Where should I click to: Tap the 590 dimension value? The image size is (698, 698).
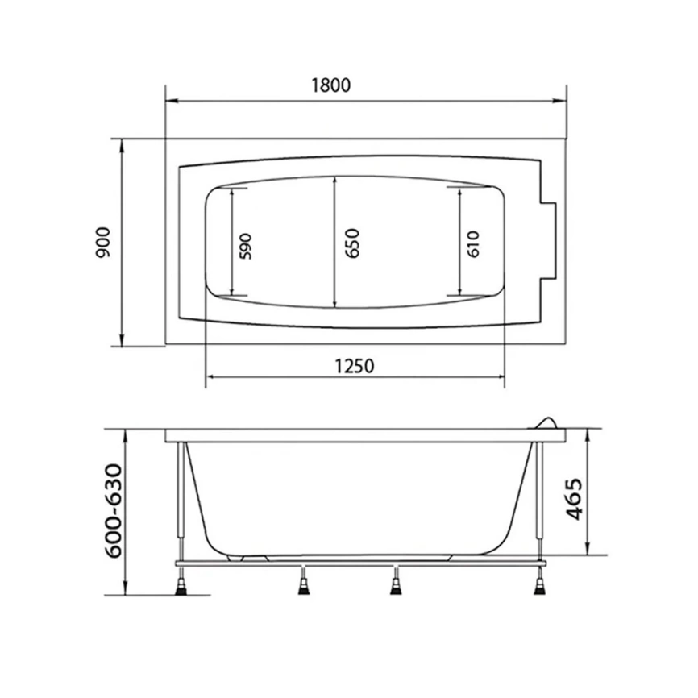coord(246,244)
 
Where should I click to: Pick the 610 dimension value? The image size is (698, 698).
coord(472,243)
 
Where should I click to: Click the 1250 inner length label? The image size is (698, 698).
coord(354,365)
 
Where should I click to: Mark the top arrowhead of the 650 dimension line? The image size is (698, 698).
coord(334,181)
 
